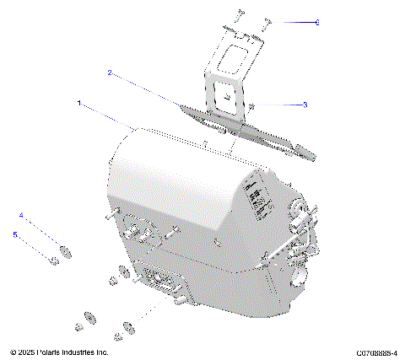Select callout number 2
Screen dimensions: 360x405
(110, 73)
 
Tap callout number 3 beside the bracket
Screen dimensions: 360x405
(305, 105)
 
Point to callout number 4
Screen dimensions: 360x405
(22, 215)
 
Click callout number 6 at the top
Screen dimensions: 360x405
(316, 23)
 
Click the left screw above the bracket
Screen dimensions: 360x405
(240, 14)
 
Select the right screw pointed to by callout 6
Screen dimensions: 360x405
(266, 23)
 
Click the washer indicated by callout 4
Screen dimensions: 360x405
(64, 249)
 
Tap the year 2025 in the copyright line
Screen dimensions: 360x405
(29, 352)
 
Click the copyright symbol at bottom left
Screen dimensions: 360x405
(13, 352)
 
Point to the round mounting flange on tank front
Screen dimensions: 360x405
(135, 230)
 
